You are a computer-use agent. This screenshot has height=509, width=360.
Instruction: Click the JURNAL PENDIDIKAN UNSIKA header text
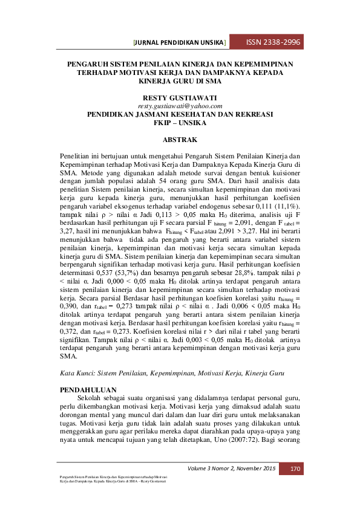coord(180,43)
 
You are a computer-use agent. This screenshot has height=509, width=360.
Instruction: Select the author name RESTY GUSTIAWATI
coord(180,97)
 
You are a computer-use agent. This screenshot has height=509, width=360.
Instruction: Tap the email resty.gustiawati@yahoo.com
coord(180,105)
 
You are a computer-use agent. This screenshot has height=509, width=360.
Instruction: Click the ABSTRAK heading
coord(180,139)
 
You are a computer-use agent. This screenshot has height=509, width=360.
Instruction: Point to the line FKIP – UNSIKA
coord(180,122)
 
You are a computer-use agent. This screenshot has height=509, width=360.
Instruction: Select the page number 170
coord(295,468)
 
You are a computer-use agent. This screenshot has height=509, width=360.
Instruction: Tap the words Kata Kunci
coord(79,375)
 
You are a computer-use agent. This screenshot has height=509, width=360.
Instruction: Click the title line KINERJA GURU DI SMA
coord(180,80)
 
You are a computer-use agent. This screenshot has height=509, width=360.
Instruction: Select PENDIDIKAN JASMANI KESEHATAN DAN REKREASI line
coord(180,114)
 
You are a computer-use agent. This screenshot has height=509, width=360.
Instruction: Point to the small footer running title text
coord(109,479)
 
